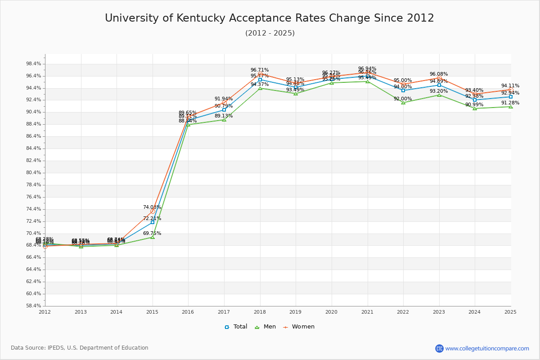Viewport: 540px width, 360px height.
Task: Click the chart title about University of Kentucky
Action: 270,18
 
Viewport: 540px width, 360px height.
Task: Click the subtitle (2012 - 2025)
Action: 270,33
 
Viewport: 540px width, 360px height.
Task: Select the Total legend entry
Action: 236,327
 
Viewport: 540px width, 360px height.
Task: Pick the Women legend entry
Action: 299,327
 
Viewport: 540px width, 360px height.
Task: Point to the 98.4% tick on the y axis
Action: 34,64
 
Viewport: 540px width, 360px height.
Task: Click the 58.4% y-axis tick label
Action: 34,306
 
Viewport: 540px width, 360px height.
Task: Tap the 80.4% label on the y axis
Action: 34,173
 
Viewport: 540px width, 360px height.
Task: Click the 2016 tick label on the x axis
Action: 188,312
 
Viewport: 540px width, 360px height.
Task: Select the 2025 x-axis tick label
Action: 510,312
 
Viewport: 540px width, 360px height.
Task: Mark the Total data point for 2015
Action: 153,222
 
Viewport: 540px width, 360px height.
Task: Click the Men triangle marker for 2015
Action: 153,237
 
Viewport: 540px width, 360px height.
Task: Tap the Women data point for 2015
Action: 153,211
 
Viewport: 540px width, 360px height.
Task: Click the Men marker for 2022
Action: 403,103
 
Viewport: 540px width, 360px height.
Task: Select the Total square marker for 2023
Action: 439,85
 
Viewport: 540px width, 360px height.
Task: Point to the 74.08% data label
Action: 152,207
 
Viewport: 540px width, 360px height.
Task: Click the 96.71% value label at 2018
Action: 260,70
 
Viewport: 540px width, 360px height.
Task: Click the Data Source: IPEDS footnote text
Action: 80,348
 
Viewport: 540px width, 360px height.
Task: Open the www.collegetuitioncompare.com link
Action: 487,348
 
